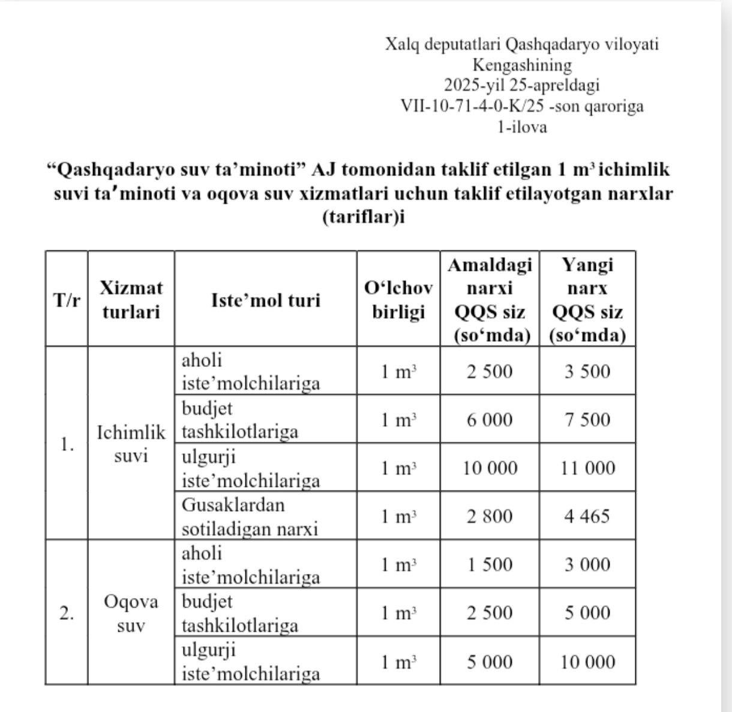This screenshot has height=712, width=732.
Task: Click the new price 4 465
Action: tap(587, 516)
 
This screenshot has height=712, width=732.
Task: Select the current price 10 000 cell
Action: tap(490, 468)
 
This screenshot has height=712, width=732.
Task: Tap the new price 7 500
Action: tap(587, 420)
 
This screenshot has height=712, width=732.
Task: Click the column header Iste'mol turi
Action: tap(265, 300)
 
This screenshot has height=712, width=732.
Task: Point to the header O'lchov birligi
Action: tap(398, 300)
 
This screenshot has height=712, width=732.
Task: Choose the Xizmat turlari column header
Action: tap(131, 300)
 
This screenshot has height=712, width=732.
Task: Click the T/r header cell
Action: tap(67, 300)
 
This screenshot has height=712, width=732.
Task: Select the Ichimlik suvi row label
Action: tap(131, 444)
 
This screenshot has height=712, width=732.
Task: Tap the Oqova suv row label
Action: tap(131, 613)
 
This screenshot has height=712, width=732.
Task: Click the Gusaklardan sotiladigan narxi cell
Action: tap(250, 516)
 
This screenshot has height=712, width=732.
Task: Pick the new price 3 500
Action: tap(587, 372)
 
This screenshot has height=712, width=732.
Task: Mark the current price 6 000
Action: tap(490, 420)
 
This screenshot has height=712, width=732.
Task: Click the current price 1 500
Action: tap(490, 565)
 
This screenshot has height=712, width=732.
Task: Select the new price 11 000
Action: tap(587, 468)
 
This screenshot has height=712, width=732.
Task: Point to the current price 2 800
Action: tap(490, 516)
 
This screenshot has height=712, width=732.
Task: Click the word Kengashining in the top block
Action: tap(522, 65)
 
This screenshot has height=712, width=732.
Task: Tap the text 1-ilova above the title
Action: tap(522, 127)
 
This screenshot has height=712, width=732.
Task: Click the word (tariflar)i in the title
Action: tap(364, 217)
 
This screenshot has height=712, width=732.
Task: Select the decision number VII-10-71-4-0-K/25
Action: tap(472, 106)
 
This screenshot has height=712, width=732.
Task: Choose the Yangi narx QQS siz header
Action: tap(587, 300)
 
